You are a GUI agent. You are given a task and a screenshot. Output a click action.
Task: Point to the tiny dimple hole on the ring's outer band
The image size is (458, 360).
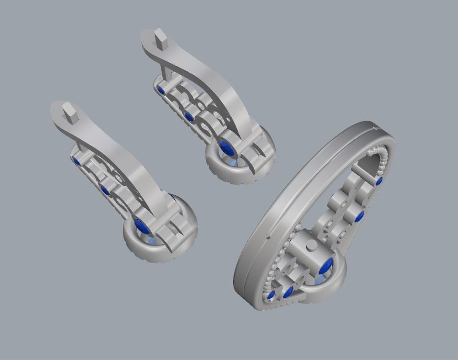[268, 236]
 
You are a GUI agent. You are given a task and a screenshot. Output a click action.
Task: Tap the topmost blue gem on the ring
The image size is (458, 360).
[379, 181]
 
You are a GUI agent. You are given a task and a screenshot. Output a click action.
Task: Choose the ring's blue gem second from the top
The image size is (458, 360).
[359, 216]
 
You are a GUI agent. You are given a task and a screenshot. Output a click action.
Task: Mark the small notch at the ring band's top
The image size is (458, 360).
[373, 128]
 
